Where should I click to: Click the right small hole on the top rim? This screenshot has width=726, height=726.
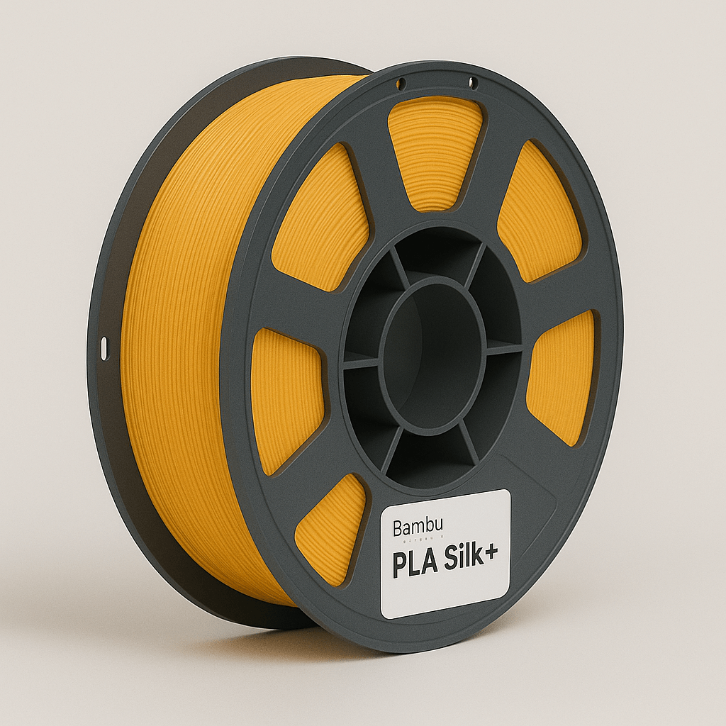coord(473,84)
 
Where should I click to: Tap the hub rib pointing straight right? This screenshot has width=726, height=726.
coord(503,347)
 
